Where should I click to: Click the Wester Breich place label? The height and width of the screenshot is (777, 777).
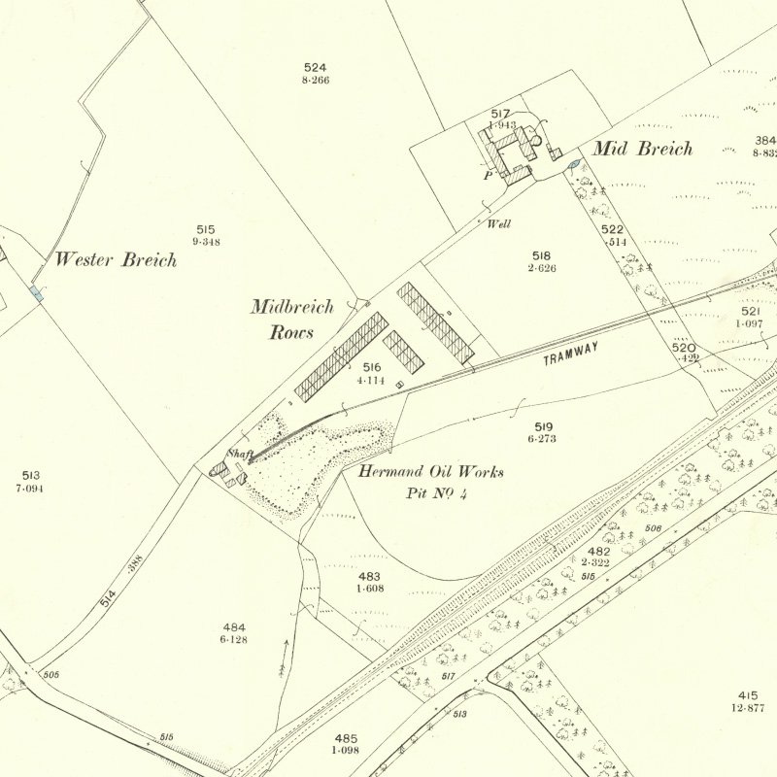116,259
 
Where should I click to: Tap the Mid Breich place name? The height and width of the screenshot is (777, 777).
642,149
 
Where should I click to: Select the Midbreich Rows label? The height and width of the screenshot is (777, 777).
291,320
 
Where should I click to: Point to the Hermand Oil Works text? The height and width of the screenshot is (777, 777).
430,472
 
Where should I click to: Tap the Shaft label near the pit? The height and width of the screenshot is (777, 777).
239,454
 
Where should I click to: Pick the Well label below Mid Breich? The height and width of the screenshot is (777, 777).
499,223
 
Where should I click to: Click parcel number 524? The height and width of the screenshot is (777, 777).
315,67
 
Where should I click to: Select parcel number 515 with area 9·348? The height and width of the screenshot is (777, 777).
204,229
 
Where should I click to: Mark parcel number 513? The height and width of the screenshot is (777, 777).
29,475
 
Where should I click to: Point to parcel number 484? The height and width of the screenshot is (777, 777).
233,627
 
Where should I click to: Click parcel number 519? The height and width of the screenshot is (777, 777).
543,426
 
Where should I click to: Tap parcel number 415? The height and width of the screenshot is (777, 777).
747,695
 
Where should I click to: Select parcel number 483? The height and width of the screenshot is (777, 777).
369,577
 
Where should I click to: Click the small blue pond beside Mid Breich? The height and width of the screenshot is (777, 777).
573,166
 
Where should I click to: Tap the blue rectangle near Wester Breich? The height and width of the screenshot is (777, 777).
36,292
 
